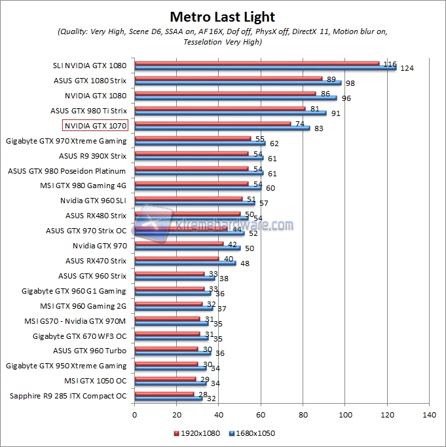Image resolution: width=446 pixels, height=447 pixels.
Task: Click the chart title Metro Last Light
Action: click(x=223, y=17)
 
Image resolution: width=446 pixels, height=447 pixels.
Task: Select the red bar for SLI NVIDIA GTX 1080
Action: click(x=257, y=64)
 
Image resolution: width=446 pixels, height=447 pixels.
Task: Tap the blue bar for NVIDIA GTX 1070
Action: click(x=222, y=128)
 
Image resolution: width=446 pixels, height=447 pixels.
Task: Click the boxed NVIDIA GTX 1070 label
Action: click(x=96, y=125)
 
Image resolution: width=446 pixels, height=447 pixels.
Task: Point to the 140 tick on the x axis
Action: click(x=430, y=415)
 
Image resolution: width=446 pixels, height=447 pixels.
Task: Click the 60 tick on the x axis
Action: click(x=261, y=415)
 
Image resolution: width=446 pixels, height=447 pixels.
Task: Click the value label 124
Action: click(x=407, y=68)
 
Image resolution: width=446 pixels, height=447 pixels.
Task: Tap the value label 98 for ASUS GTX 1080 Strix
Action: click(x=350, y=83)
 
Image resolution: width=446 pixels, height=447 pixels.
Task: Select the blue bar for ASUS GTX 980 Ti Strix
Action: click(x=231, y=113)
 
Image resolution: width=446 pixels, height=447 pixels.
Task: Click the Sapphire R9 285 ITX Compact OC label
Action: click(x=68, y=396)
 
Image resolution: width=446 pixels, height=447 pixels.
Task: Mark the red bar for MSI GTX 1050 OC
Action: click(x=165, y=378)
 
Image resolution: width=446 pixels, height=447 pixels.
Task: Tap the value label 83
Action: click(x=319, y=128)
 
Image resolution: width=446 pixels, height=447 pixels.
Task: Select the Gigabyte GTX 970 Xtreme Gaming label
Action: click(x=66, y=140)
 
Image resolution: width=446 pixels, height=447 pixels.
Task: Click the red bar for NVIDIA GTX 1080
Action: click(x=225, y=94)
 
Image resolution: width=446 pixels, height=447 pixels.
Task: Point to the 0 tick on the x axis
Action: click(x=134, y=415)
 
